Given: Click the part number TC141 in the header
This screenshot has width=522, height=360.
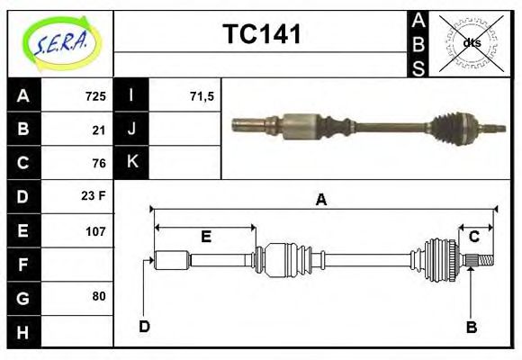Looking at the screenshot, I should click(261, 34).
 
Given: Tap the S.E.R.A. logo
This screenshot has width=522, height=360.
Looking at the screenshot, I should click(59, 43).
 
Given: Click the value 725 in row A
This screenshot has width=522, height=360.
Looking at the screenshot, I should click(95, 96).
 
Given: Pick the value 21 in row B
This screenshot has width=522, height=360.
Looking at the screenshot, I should click(99, 130).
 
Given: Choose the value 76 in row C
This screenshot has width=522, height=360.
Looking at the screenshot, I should click(99, 163).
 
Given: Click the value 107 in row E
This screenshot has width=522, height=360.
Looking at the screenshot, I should click(95, 230).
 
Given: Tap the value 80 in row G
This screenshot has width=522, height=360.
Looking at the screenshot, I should click(99, 296).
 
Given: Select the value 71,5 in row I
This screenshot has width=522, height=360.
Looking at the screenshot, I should click(202, 96).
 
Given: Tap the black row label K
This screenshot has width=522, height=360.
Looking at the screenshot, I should click(132, 163).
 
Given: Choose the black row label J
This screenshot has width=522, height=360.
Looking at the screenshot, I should click(132, 130).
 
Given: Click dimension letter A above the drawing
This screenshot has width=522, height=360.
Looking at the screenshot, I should click(321, 201).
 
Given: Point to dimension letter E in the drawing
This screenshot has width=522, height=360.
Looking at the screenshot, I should click(205, 237).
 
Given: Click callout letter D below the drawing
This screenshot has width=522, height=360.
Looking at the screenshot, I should click(144, 326).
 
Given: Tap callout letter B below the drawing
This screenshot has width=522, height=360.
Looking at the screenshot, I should click(471, 327).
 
